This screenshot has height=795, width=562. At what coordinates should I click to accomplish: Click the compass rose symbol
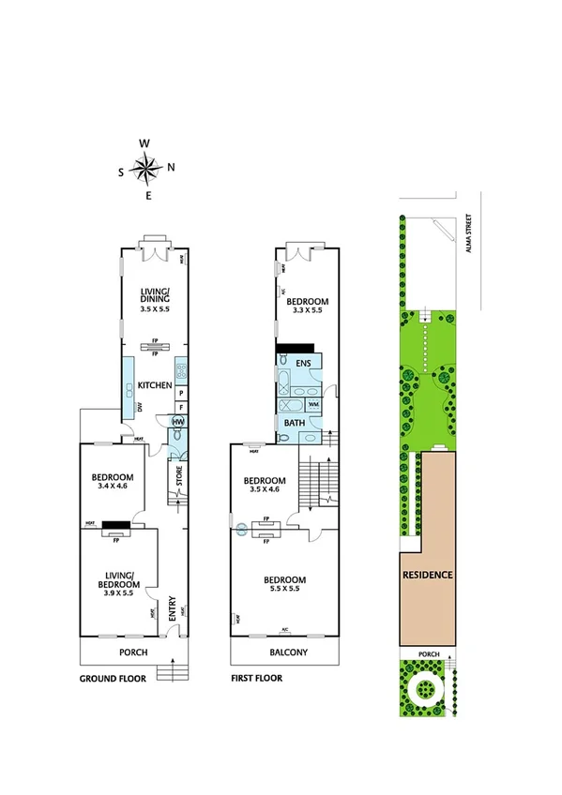[x=146, y=169]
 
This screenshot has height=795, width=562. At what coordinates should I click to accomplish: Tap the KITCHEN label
[x=153, y=385]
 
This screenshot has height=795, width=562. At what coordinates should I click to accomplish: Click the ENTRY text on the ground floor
[x=172, y=610]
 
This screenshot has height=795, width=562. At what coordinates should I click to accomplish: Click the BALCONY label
[x=284, y=652]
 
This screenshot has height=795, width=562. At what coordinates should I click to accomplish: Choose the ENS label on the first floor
[x=303, y=362]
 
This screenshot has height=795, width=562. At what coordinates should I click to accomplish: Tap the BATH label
[x=294, y=423]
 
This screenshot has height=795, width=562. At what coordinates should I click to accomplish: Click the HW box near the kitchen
[x=177, y=422]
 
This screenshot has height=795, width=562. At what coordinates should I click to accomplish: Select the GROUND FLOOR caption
[x=112, y=678]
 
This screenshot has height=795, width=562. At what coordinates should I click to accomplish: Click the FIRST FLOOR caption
[x=255, y=678]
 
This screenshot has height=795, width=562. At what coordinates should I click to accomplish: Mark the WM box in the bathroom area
[x=312, y=405]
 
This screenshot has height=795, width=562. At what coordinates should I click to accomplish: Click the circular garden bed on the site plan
[x=427, y=689]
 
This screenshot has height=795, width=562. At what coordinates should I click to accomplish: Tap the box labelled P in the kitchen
[x=179, y=394]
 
